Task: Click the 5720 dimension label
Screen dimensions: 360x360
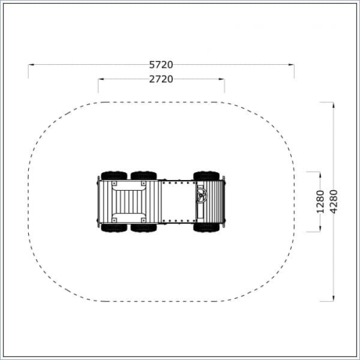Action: (161, 65)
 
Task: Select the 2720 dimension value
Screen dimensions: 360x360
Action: (161, 79)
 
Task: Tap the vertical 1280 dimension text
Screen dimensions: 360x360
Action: (320, 202)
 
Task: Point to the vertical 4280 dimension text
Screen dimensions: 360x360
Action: (333, 202)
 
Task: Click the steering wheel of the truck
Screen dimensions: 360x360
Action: (202, 195)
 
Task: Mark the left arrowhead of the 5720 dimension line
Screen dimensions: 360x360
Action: (32, 65)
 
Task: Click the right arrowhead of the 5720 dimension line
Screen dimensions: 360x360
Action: (291, 65)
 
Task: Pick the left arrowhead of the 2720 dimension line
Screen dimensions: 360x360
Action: (101, 79)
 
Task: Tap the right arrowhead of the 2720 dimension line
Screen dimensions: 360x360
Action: (222, 79)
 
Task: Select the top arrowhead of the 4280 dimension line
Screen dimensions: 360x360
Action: (333, 105)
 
